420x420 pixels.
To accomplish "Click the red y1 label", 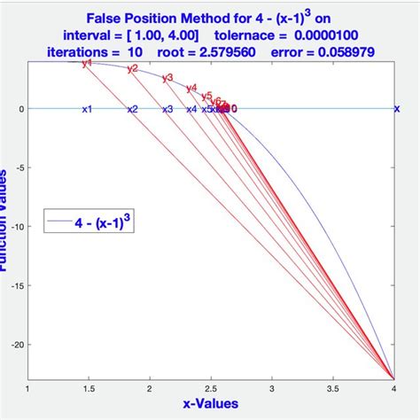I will tap(86, 63).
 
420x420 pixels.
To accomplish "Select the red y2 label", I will tap(132, 68).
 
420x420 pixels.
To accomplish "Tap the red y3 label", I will tap(167, 77).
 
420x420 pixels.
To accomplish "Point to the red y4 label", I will tap(191, 88).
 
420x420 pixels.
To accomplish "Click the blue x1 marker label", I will tap(86, 109).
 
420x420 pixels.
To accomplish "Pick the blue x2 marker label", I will tap(132, 109).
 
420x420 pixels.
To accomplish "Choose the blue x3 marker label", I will tap(167, 109).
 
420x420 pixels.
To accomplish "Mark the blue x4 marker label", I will tap(191, 109).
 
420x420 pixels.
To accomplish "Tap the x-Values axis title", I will tap(211, 405).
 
